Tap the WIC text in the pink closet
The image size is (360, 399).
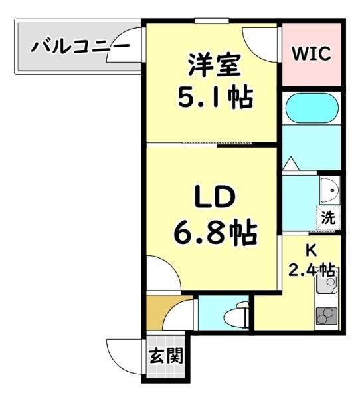click(312, 53)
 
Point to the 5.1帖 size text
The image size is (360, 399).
click(216, 98)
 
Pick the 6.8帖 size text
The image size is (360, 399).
click(216, 231)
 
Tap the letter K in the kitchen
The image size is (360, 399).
click(312, 250)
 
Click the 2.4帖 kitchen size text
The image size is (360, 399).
click(312, 270)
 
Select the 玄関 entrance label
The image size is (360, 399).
click(166, 356)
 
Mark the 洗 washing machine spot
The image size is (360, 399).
click(328, 217)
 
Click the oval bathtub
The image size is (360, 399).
click(312, 108)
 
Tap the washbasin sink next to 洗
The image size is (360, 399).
click(329, 190)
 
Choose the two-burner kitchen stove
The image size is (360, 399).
click(326, 315)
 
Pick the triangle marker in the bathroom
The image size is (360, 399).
click(291, 164)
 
